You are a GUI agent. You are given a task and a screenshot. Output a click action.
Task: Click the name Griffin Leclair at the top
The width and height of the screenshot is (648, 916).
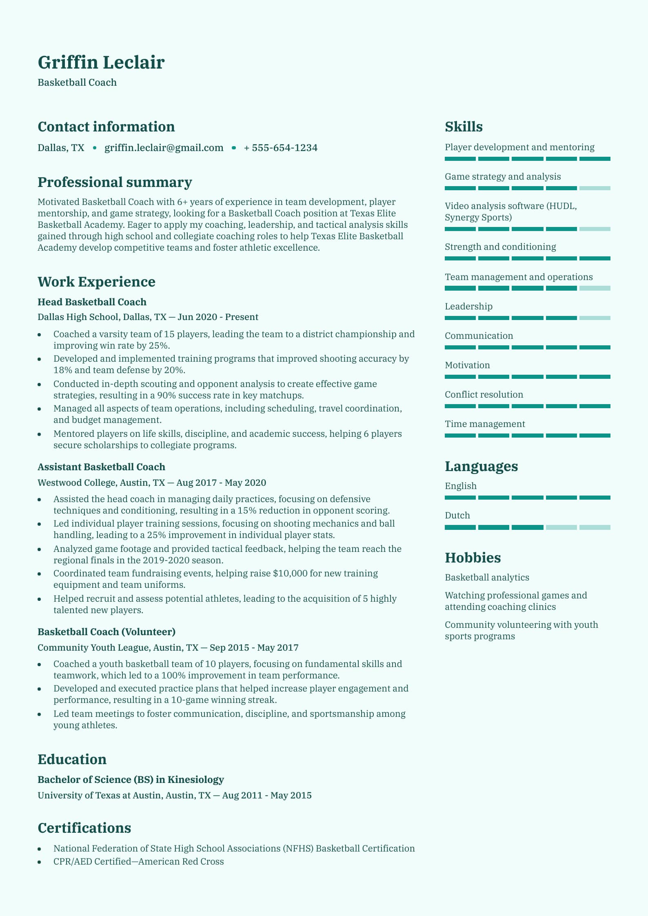pyautogui.click(x=101, y=62)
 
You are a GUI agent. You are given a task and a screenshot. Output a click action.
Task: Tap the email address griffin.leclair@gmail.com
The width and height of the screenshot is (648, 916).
pyautogui.click(x=164, y=148)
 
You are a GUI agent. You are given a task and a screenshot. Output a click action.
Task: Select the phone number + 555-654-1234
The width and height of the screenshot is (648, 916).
pyautogui.click(x=280, y=148)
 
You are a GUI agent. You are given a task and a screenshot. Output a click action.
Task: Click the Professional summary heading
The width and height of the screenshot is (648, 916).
pyautogui.click(x=115, y=182)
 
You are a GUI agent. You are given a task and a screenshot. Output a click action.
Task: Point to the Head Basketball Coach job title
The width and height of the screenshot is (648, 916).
pyautogui.click(x=92, y=302)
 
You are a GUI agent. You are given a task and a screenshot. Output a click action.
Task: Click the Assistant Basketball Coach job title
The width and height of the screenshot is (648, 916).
pyautogui.click(x=101, y=467)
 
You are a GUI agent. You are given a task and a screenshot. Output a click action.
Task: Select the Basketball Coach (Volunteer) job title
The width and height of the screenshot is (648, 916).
pyautogui.click(x=106, y=632)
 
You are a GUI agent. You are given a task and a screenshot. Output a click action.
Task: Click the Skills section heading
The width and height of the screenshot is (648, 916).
pyautogui.click(x=464, y=127)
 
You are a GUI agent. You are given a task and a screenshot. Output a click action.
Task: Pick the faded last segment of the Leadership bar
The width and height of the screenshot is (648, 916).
pyautogui.click(x=595, y=318)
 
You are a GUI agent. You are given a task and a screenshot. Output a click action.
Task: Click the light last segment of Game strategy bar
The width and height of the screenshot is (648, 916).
pyautogui.click(x=595, y=188)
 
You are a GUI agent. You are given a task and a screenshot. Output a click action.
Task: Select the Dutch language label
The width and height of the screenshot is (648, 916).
pyautogui.click(x=457, y=516)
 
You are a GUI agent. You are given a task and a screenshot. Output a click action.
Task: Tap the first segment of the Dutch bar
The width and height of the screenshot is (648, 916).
pyautogui.click(x=460, y=527)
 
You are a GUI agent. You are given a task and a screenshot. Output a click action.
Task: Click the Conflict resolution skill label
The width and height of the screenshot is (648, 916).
pyautogui.click(x=484, y=395)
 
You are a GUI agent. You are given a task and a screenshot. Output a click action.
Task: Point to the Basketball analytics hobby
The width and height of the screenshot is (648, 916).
pyautogui.click(x=487, y=578)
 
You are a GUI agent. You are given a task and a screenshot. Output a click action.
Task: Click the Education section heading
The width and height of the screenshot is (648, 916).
pyautogui.click(x=72, y=759)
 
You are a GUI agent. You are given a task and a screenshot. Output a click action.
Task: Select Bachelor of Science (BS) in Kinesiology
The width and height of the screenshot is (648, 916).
pyautogui.click(x=131, y=780)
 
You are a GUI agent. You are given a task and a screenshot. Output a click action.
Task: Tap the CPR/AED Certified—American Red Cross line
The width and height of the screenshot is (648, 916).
pyautogui.click(x=138, y=862)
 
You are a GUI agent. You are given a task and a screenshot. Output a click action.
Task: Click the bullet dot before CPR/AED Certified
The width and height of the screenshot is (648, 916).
pyautogui.click(x=40, y=863)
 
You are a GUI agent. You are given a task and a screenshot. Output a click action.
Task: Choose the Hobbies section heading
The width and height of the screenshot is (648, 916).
pyautogui.click(x=473, y=558)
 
